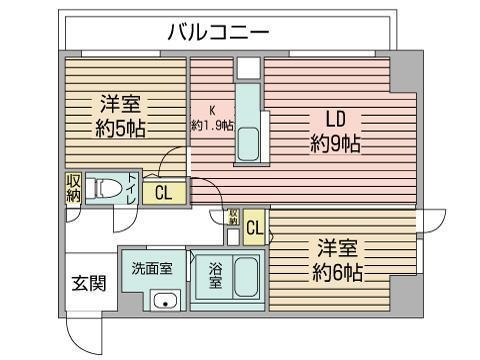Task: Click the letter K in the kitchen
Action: (x=212, y=110)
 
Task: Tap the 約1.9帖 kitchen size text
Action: (x=212, y=126)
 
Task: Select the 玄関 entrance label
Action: (x=88, y=283)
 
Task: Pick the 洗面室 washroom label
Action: (x=152, y=268)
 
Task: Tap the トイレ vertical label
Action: (x=132, y=186)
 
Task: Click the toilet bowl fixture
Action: (x=104, y=188)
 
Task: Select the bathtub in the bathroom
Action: (x=247, y=276)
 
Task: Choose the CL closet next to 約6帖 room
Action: (x=254, y=228)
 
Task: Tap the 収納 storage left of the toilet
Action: (x=75, y=186)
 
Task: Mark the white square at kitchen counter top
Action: (x=250, y=68)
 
